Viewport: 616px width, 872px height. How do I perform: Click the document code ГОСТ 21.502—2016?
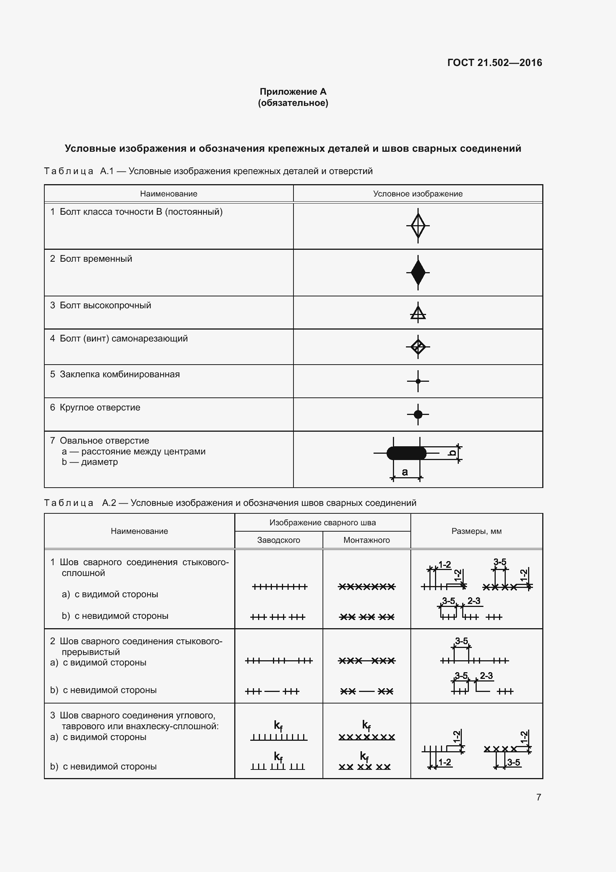[494, 63]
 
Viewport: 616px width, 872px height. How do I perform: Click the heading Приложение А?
[293, 92]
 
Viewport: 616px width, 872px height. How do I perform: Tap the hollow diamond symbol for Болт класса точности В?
[417, 226]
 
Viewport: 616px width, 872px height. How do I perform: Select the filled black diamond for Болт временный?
[417, 272]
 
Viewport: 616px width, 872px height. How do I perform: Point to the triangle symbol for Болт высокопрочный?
[417, 313]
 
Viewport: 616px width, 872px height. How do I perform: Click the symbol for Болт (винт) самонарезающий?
[417, 346]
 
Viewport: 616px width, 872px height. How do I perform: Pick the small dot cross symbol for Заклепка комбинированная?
[417, 381]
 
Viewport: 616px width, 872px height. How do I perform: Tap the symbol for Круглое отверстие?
[417, 414]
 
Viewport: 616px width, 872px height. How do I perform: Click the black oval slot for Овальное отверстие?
[406, 453]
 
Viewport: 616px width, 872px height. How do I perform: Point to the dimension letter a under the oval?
[405, 472]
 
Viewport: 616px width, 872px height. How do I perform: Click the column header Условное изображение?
[417, 194]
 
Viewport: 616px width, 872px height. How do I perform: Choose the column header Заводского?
[279, 540]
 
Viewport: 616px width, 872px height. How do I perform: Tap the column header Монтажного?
[366, 540]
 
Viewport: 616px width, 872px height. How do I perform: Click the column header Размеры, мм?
[476, 531]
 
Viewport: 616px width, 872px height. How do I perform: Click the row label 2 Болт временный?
[91, 259]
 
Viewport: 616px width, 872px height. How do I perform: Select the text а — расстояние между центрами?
[134, 451]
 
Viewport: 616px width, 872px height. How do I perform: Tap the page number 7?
[539, 797]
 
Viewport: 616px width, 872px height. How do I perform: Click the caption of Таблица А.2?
[230, 503]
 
